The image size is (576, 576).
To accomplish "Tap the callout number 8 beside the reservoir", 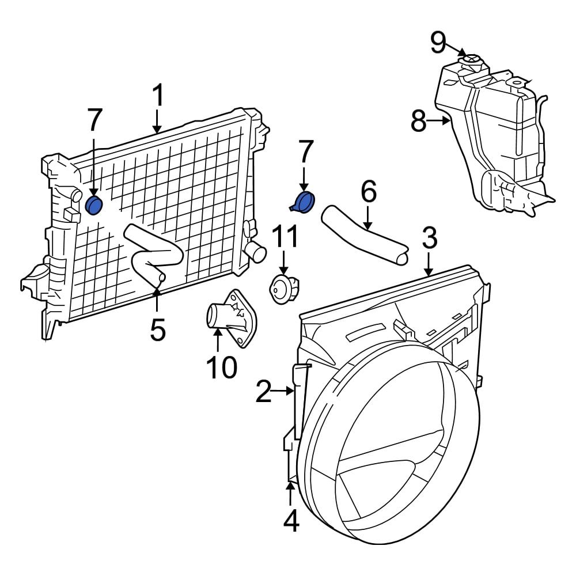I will [419, 122].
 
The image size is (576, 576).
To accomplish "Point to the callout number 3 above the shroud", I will [429, 238].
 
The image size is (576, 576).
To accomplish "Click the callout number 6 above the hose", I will [368, 192].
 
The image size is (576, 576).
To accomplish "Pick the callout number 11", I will [285, 238].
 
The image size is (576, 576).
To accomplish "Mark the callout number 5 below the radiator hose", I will [157, 329].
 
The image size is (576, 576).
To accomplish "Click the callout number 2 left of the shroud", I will [263, 392].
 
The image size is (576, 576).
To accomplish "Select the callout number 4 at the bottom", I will [291, 521].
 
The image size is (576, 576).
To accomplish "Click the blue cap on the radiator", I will [93, 204].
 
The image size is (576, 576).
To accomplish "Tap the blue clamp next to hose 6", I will [303, 202].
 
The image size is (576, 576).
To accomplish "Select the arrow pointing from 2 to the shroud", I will [285, 391].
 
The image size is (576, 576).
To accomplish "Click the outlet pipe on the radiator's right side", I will [255, 251].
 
